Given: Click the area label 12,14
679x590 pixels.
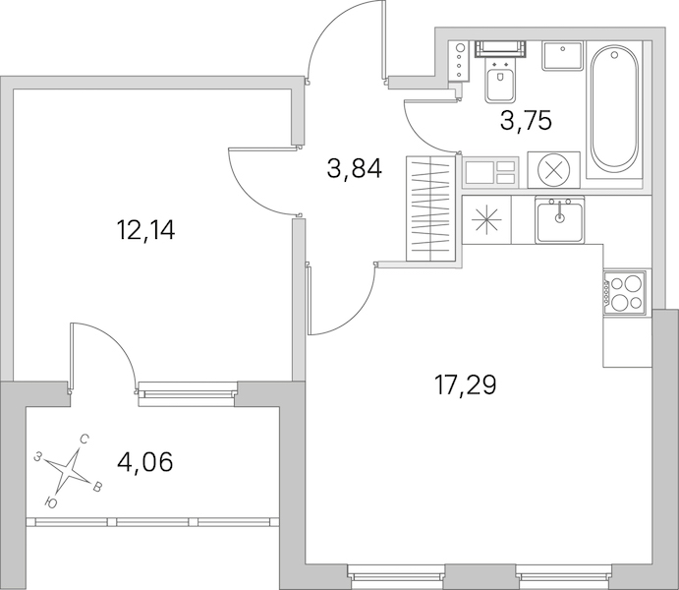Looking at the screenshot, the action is coord(145,230).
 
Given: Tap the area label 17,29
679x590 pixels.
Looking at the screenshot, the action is coord(465,385).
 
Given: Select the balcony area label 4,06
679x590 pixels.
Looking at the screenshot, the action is coord(145,462).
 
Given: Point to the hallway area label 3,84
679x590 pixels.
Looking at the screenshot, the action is coord(355,168).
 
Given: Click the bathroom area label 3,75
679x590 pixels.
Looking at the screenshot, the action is coord(526,120).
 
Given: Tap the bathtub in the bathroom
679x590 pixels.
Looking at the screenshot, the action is coord(614,110).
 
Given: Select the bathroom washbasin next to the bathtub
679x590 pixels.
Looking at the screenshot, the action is coord(563,56).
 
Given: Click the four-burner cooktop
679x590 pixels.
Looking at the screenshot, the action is coord(624,292).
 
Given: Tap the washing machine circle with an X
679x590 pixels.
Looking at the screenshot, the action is coord(553,169).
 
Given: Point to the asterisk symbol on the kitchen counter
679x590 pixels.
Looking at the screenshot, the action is coord(486,219).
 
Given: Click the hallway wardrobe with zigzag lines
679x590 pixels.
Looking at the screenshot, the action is coord(430,209).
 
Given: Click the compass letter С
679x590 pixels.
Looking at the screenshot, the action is coord(85,441).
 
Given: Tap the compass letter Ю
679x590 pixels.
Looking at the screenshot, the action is coord(51,502).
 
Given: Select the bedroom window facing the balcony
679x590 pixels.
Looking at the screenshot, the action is coord(187,393).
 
